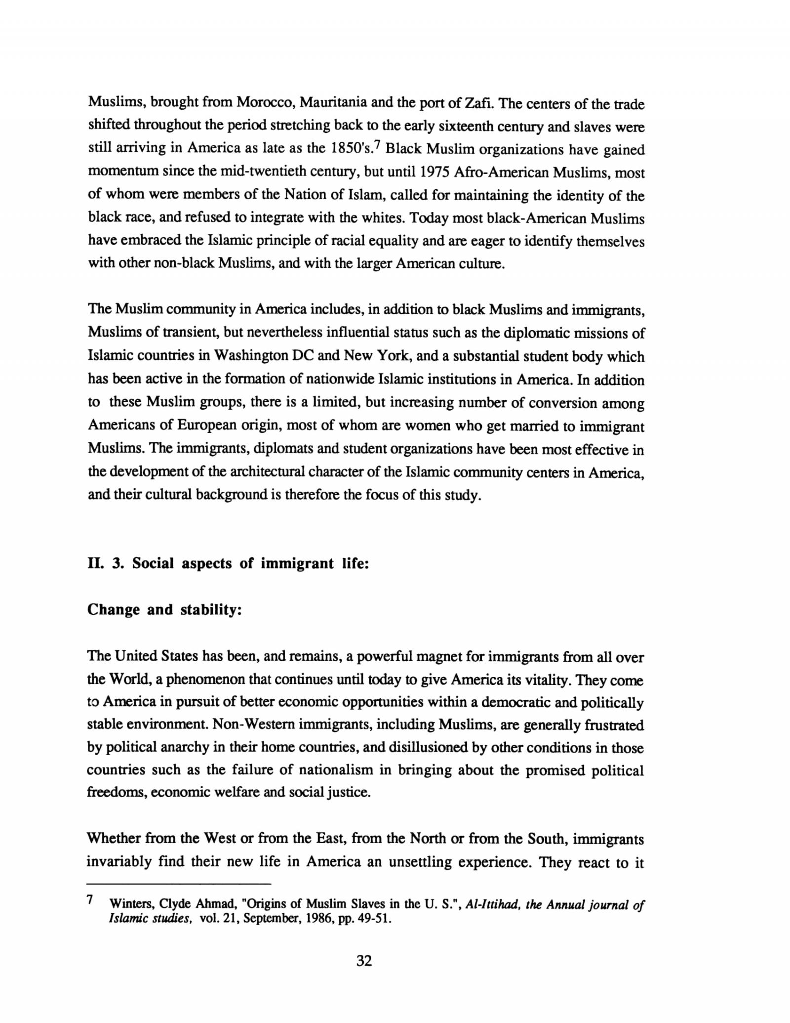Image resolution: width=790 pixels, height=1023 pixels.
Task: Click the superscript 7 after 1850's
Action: click(x=377, y=144)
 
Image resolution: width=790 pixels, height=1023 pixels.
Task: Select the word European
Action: click(x=206, y=426)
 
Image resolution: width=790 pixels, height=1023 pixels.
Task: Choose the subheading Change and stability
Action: click(x=164, y=610)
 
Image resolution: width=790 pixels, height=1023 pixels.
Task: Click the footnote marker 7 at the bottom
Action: click(x=90, y=900)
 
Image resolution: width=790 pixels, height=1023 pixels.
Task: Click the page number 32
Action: click(x=364, y=961)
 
